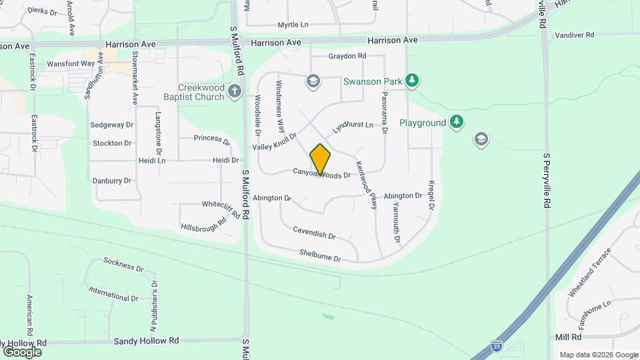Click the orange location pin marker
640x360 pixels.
(x=320, y=159)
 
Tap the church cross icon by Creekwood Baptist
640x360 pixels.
(x=233, y=91)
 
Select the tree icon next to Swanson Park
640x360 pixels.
(x=413, y=81)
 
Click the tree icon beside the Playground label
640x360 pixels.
(x=456, y=123)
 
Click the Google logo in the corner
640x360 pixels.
(x=22, y=351)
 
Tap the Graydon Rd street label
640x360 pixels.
(x=347, y=56)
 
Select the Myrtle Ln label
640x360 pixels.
(x=293, y=25)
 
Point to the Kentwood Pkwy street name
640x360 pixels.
(x=367, y=185)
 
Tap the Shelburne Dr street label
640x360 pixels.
(x=320, y=255)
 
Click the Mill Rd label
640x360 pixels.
(x=568, y=337)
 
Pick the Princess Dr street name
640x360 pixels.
(x=211, y=139)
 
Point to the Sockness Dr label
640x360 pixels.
(x=123, y=265)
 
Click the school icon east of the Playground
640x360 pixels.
(x=481, y=139)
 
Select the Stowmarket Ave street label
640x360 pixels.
(x=135, y=77)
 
